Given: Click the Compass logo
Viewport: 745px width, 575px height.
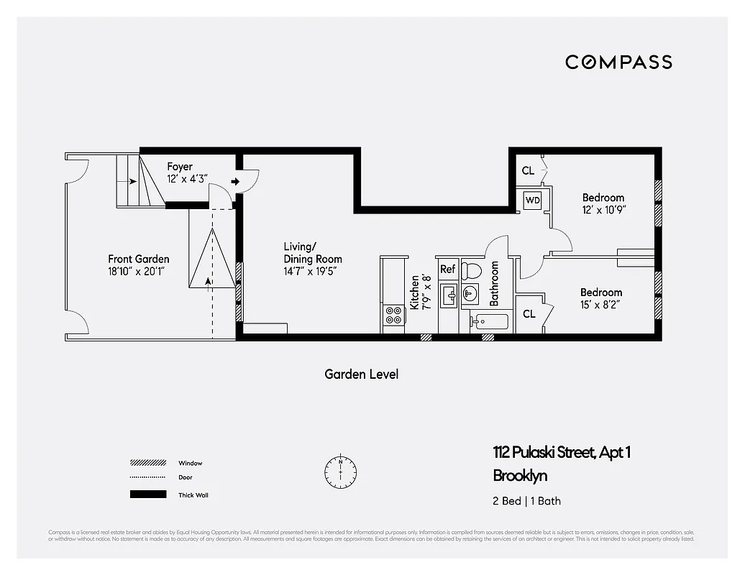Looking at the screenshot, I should click(618, 62).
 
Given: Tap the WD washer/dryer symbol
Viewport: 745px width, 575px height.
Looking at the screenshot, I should click(532, 200).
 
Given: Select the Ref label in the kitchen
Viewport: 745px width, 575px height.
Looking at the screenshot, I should click(448, 270).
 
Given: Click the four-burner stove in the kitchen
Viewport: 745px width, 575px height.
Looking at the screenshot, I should click(393, 316).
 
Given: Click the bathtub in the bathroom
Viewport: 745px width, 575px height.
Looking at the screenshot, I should click(489, 321).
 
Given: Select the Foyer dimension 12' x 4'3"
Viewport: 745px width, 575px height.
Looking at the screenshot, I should click(187, 178).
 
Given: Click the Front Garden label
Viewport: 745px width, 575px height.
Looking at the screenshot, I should click(139, 259).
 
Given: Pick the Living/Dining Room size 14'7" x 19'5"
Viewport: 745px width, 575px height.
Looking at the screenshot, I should click(310, 271).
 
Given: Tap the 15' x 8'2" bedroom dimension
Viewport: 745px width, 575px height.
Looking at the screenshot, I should click(601, 305).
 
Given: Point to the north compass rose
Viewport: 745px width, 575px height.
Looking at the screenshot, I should click(340, 471).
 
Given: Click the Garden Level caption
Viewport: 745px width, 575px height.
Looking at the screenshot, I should click(361, 374).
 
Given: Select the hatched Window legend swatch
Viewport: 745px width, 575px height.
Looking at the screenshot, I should click(147, 464).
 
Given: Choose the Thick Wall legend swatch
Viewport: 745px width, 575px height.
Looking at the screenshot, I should click(147, 494).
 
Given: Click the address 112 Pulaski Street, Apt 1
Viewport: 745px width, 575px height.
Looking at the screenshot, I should click(562, 453).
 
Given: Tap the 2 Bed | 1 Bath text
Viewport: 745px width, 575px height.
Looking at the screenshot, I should click(526, 501).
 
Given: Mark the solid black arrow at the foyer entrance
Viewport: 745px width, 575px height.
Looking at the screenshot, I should click(235, 182).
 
